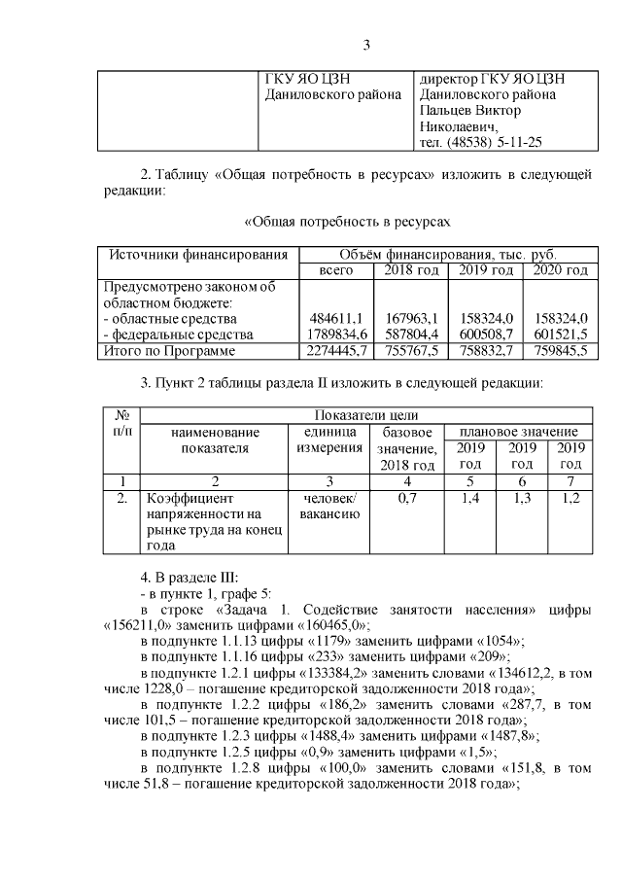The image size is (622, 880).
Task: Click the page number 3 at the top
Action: click(x=366, y=45)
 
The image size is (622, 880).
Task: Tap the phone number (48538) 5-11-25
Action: click(x=495, y=142)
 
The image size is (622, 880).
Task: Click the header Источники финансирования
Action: click(x=198, y=254)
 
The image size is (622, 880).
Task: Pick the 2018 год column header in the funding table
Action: click(x=410, y=269)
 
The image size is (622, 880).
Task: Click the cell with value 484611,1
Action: click(x=336, y=318)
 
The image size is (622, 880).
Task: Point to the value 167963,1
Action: click(x=412, y=318)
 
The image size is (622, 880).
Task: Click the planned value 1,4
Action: click(x=470, y=499)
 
